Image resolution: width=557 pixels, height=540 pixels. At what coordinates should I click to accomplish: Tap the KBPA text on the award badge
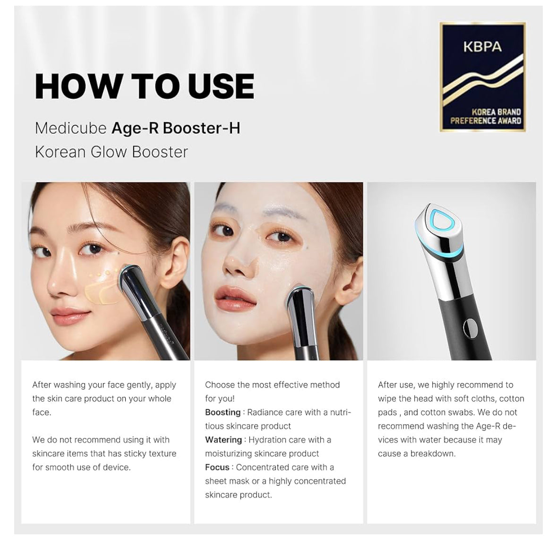pyautogui.click(x=482, y=47)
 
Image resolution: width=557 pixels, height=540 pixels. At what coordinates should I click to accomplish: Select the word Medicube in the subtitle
pyautogui.click(x=71, y=128)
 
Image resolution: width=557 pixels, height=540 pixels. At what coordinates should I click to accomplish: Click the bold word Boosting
pyautogui.click(x=223, y=412)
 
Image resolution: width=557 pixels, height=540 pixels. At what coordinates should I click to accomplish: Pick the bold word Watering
pyautogui.click(x=223, y=439)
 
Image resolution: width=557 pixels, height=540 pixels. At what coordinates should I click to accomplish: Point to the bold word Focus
pyautogui.click(x=217, y=467)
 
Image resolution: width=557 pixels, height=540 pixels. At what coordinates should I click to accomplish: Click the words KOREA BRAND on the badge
pyautogui.click(x=496, y=112)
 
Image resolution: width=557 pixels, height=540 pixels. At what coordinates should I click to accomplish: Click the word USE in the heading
pyautogui.click(x=221, y=86)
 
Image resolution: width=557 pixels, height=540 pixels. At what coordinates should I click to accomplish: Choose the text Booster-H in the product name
pyautogui.click(x=201, y=128)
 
